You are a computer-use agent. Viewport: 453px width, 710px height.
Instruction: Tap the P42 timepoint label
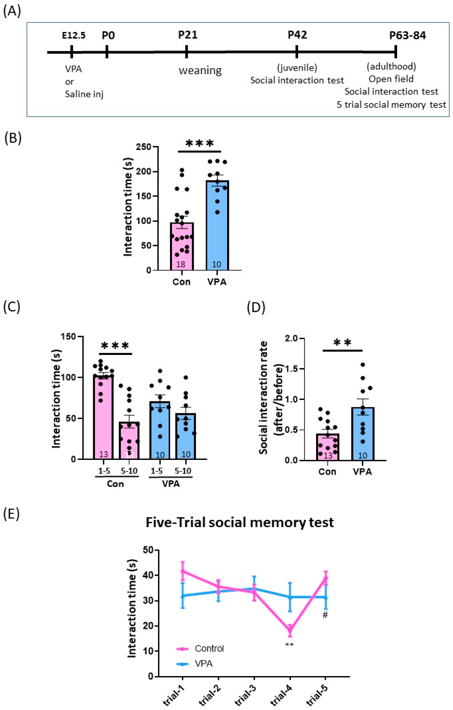[x=297, y=35]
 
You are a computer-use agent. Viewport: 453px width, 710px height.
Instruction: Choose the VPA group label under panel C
[x=171, y=484]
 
